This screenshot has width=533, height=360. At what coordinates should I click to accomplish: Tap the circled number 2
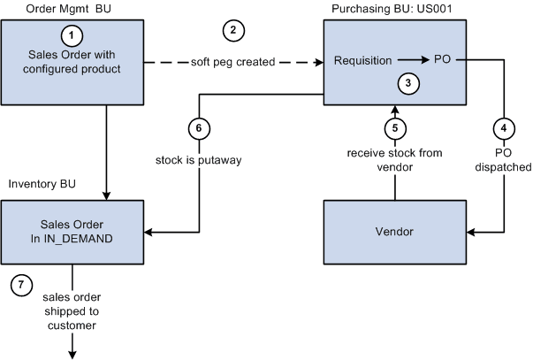click(232, 30)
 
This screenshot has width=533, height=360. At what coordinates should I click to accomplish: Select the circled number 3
click(407, 83)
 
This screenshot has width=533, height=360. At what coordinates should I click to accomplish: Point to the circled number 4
click(503, 127)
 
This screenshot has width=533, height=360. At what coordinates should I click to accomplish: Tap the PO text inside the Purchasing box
click(443, 61)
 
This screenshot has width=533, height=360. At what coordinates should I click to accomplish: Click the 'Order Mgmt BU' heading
click(56, 9)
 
